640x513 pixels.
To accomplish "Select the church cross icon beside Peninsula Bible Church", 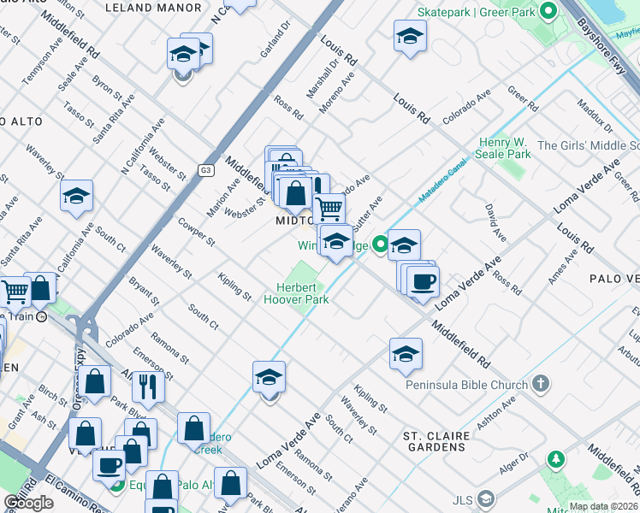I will tap(540, 385).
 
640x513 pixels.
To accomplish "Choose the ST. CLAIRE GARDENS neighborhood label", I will tap(436, 441).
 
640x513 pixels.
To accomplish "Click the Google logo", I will tap(28, 503).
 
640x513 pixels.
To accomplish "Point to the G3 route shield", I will tap(205, 170).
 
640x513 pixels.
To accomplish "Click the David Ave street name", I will tap(491, 220).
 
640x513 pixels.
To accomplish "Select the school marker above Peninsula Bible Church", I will tap(406, 354).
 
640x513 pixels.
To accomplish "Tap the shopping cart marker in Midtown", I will tap(329, 207).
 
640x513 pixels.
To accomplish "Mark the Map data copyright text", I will tap(604, 506).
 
